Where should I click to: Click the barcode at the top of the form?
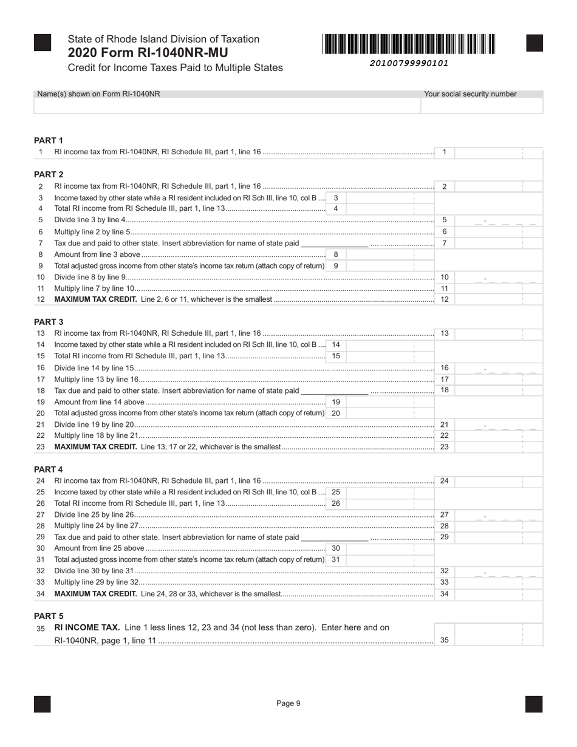409,44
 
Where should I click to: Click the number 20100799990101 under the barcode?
409,63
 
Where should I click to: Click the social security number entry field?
482,106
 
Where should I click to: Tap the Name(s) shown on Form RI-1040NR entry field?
227,106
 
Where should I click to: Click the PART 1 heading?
49,140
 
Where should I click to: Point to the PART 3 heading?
49,321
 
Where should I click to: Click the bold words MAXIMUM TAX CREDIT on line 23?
95,447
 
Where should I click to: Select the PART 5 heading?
49,616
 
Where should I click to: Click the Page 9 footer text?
288,703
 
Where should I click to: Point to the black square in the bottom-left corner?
43,704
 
